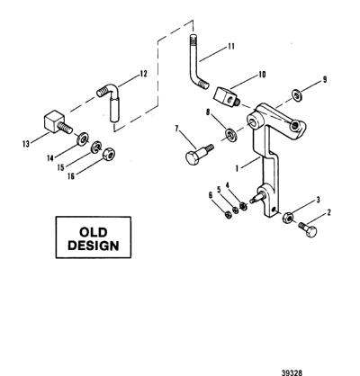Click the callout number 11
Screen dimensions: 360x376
[x=230, y=47]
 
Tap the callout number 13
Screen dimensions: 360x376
[x=26, y=144]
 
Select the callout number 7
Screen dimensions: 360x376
[x=176, y=129]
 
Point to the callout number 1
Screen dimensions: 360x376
[x=237, y=169]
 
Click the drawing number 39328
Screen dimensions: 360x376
[x=292, y=372]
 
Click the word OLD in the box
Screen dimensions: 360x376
[x=93, y=232]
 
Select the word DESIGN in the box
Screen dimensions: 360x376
[x=94, y=246]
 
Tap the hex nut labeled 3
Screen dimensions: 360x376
[x=288, y=218]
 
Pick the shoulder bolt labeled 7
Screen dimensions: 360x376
[x=197, y=154]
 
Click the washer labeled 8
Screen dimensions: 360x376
[x=231, y=134]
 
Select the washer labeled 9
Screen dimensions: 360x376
[x=297, y=96]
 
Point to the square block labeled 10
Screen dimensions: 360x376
[x=226, y=96]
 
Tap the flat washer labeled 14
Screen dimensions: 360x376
[x=82, y=139]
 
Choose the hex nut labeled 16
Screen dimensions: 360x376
[x=108, y=154]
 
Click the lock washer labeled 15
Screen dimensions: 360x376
[x=96, y=147]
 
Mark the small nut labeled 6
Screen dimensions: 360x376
[x=228, y=215]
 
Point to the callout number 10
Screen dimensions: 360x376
[x=262, y=75]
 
